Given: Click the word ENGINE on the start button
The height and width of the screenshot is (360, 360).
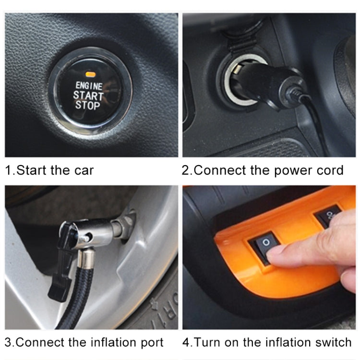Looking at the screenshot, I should [x=89, y=86].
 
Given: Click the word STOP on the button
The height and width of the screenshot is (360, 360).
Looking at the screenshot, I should [x=88, y=105].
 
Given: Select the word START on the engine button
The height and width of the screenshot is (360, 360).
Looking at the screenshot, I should [x=88, y=96].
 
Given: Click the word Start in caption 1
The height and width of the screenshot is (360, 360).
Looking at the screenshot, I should [x=31, y=170].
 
